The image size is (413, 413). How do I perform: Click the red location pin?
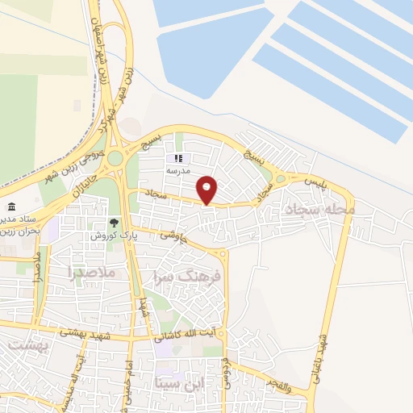pos(207,189)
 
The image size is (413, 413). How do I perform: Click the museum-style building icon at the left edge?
pos(11,206)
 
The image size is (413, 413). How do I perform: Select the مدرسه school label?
pos(177,171)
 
